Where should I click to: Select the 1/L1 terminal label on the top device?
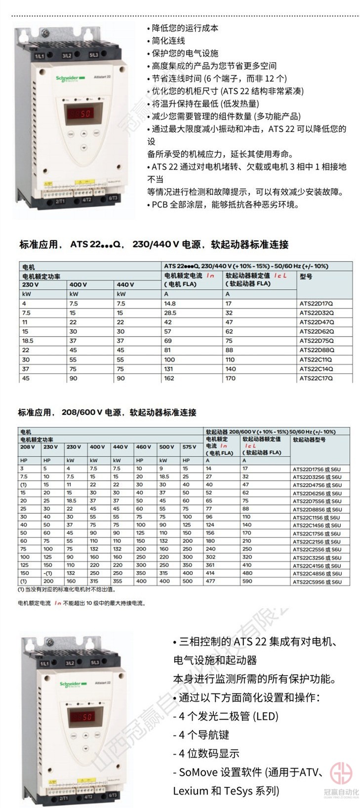tap(39, 56)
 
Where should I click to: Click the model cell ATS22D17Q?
tap(316, 304)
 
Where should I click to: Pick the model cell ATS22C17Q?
tap(316, 378)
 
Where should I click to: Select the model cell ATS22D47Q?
tap(316, 322)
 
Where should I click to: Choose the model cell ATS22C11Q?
tap(316, 359)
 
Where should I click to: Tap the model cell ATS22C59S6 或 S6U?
tap(317, 582)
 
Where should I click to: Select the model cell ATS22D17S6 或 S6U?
tap(317, 469)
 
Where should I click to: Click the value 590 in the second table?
tap(247, 581)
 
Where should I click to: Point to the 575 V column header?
tap(189, 447)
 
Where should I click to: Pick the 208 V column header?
tap(28, 447)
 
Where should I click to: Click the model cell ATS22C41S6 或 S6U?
tap(317, 566)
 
